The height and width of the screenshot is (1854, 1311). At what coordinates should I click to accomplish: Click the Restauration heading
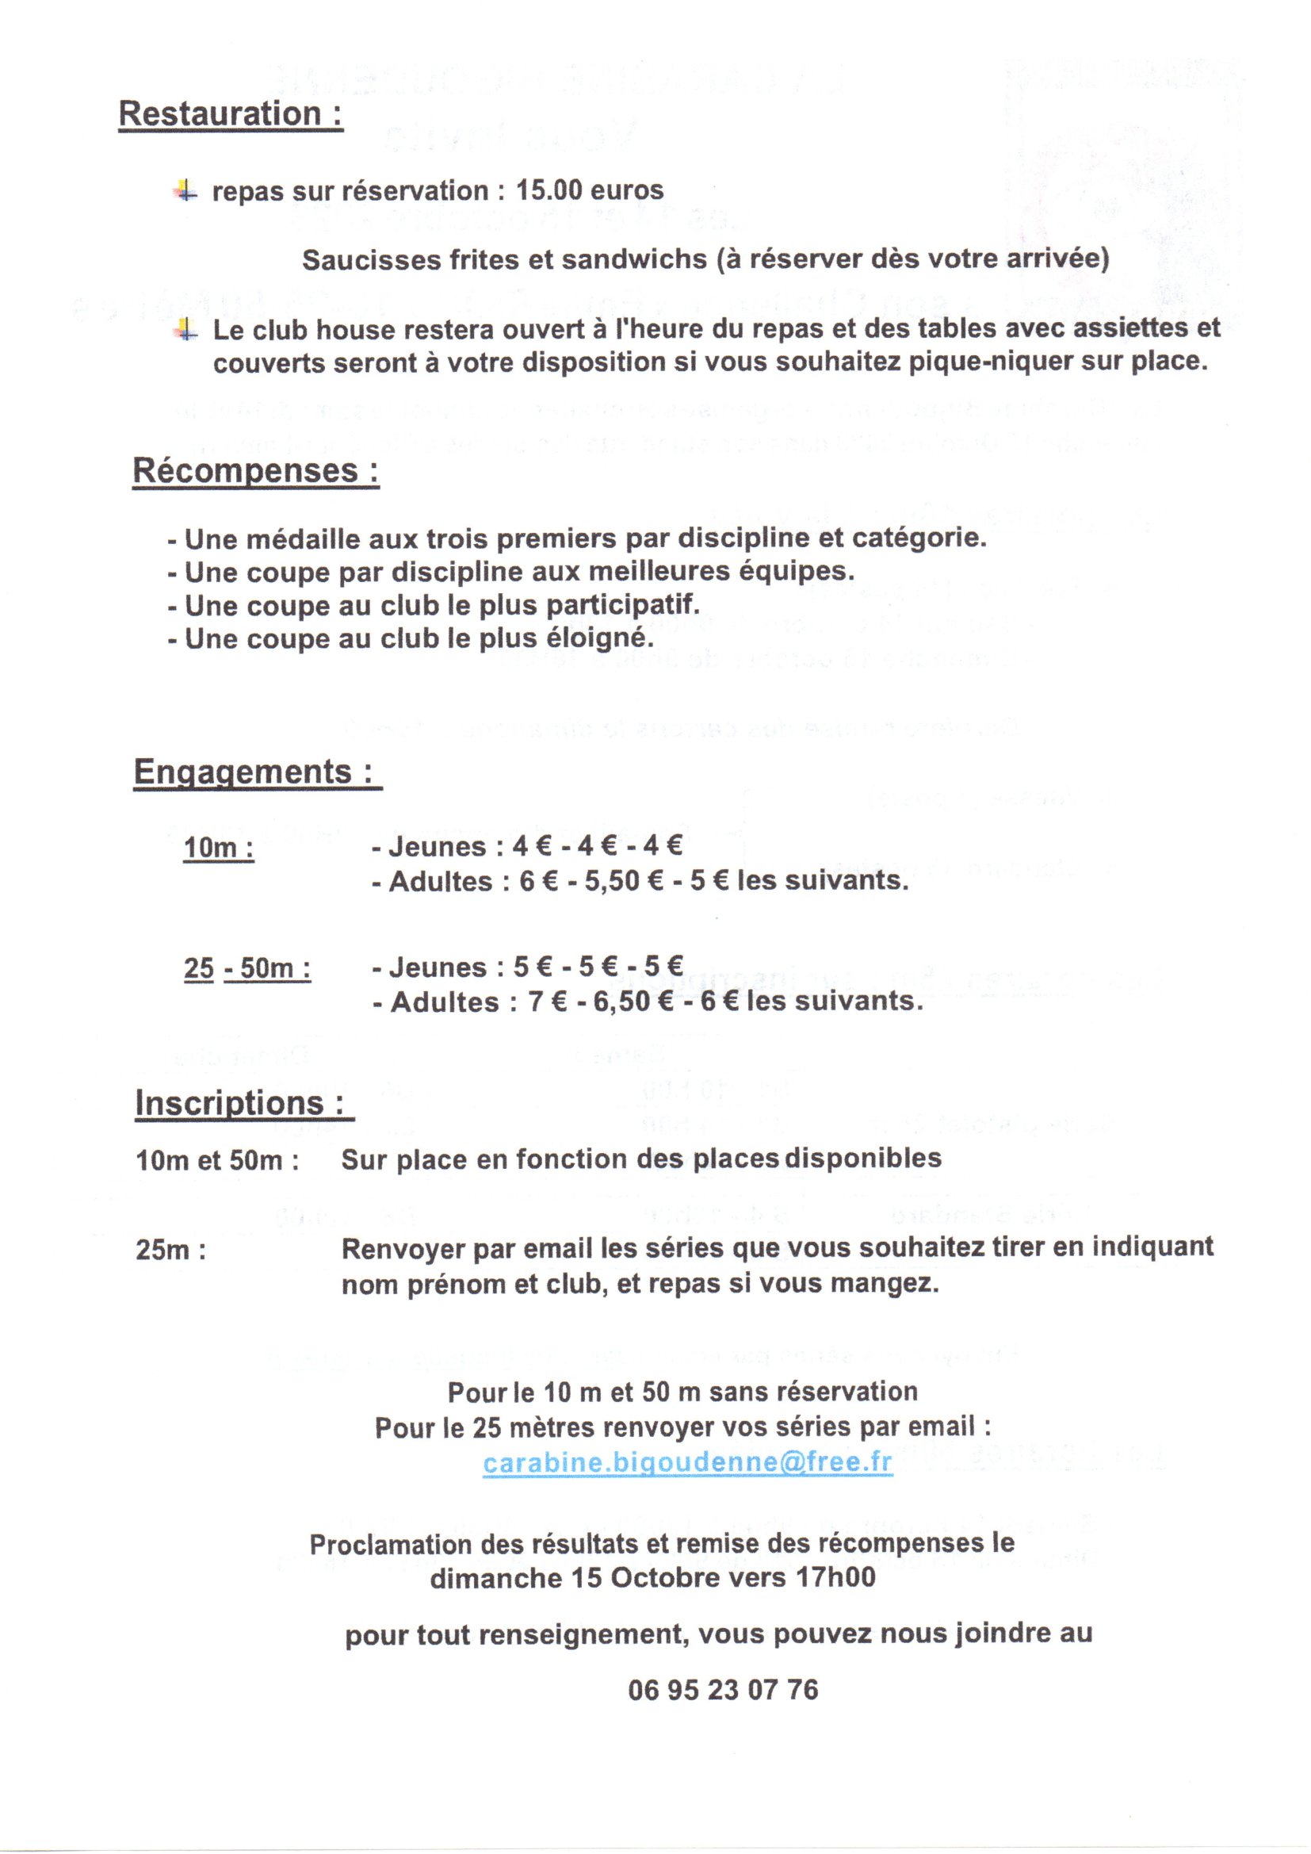(x=230, y=114)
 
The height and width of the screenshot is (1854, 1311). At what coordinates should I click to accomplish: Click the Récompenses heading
(x=255, y=471)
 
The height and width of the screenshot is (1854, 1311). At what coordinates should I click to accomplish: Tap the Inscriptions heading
(x=244, y=1103)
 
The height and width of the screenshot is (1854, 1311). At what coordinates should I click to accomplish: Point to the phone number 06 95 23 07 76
(x=723, y=1689)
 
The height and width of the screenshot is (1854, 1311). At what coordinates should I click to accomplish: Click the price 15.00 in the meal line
(x=548, y=190)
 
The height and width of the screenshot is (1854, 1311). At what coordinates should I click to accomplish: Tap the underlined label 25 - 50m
(x=247, y=968)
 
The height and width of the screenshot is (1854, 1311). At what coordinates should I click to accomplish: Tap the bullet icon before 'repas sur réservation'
(x=185, y=191)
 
